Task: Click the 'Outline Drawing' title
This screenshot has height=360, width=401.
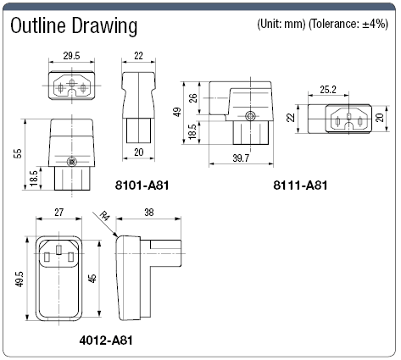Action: pos(74,26)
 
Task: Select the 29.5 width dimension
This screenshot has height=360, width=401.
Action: pos(71,56)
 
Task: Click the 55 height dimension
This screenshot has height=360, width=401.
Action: pos(18,154)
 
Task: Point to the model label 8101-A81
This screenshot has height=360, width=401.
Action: pos(142,186)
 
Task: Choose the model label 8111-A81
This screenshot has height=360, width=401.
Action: pos(300,186)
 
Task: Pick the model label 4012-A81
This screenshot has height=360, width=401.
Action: pos(106,341)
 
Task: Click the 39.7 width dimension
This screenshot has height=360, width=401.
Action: pos(241,158)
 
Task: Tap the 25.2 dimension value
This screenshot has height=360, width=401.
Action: pos(328,90)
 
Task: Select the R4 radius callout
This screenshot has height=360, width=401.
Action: pos(104,217)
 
